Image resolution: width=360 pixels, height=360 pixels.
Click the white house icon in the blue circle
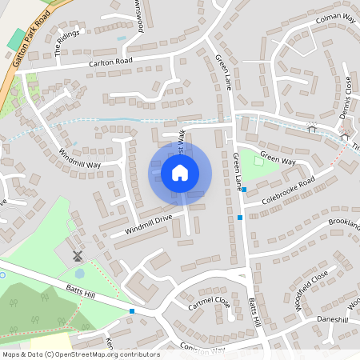(179, 172)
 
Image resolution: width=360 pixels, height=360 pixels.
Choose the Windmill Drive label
(147, 224)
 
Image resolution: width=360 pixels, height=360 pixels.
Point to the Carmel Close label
(210, 303)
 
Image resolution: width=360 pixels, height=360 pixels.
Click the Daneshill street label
(332, 319)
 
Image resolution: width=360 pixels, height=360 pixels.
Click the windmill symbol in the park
(78, 256)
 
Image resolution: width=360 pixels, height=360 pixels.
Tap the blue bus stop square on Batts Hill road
(132, 310)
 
